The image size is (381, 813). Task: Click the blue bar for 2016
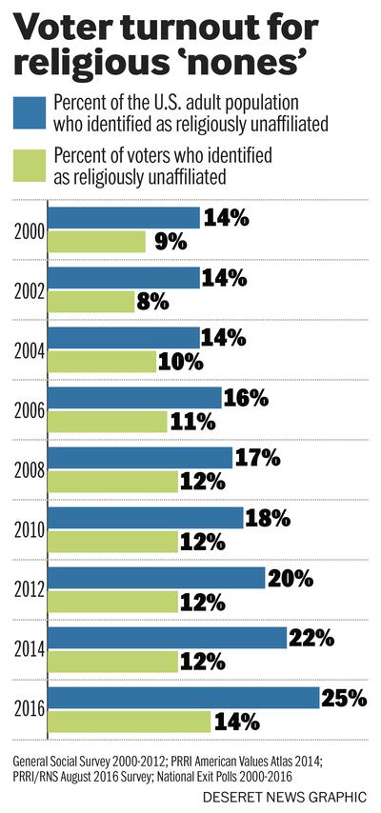183,698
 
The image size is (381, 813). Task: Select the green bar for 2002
90,302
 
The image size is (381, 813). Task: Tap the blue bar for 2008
140,458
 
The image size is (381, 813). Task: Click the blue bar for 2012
156,578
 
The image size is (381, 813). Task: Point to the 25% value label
345,698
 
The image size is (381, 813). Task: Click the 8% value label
153,302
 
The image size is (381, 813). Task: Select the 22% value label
312,638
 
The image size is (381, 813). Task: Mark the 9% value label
165,242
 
